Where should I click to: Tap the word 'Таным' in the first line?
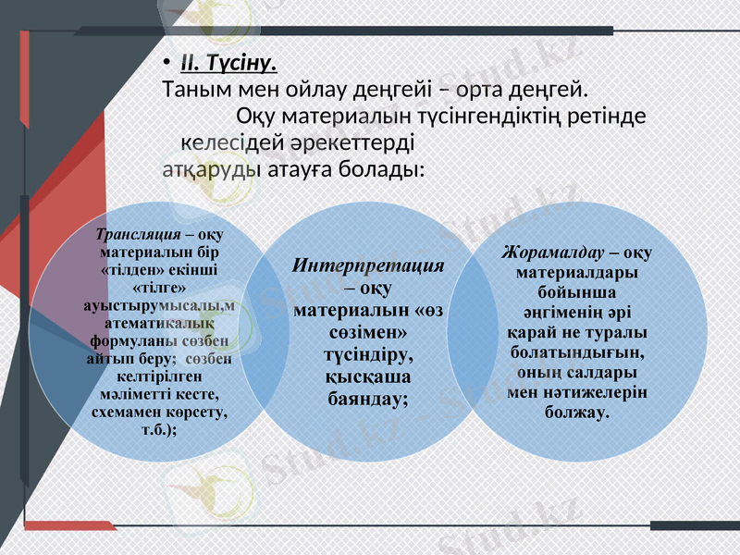(189, 91)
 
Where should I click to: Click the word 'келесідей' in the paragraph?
(226, 144)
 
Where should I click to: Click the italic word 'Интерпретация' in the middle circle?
(368, 265)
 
